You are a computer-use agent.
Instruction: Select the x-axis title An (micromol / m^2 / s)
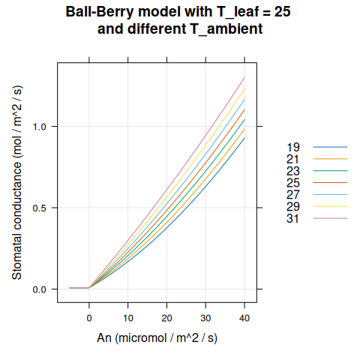pos(157,338)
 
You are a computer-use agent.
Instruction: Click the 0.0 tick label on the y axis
pos(41,289)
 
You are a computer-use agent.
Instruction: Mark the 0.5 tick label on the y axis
pos(41,208)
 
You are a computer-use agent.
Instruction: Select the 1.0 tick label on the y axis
pos(41,126)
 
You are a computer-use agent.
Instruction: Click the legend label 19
pos(293,147)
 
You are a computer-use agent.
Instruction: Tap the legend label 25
pos(293,182)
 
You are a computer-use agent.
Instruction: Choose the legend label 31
pos(293,218)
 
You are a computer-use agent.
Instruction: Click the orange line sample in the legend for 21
pos(330,159)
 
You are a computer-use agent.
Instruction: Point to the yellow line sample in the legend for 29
pos(330,206)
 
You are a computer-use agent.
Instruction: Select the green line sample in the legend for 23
pos(330,171)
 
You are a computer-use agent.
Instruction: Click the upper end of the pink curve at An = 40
pos(244,77)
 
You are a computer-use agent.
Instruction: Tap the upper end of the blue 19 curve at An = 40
pos(244,137)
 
